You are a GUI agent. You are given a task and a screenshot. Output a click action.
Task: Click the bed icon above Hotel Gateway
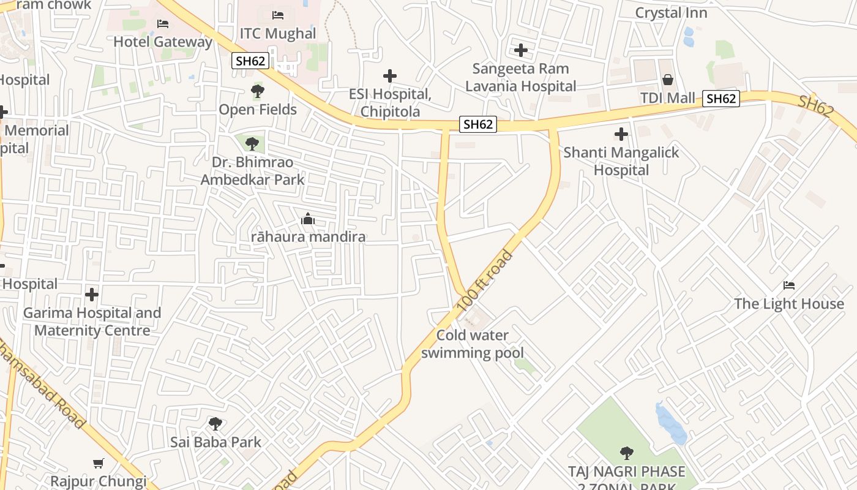click(x=163, y=24)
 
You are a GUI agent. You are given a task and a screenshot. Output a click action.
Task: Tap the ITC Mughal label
click(x=277, y=33)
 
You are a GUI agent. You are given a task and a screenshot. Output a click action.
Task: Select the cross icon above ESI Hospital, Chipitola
click(x=390, y=76)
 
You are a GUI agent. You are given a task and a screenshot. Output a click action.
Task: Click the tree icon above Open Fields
click(x=258, y=92)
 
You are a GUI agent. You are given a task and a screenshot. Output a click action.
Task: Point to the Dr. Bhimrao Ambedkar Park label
click(x=252, y=171)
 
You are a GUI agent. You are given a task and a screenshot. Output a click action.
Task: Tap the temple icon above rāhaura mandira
click(x=308, y=219)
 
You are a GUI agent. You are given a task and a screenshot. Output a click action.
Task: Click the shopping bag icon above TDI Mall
click(x=668, y=80)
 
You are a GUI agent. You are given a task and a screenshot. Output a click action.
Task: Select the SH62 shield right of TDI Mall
click(x=720, y=99)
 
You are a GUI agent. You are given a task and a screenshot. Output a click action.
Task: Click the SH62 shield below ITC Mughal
click(x=250, y=61)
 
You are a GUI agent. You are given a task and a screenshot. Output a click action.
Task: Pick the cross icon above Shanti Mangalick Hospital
click(x=621, y=134)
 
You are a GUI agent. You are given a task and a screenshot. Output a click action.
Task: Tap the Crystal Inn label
click(x=671, y=13)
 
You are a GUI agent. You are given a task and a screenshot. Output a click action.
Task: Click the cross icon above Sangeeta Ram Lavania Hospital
click(x=521, y=50)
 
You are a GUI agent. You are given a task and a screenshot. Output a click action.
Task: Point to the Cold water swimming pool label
click(x=473, y=344)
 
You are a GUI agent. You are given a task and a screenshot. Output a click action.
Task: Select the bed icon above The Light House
click(x=789, y=285)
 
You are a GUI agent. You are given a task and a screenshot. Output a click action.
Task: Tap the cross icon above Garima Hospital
click(x=92, y=295)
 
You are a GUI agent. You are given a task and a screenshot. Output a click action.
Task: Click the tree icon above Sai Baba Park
click(x=215, y=423)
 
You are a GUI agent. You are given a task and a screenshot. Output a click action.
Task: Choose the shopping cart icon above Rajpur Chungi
click(x=99, y=463)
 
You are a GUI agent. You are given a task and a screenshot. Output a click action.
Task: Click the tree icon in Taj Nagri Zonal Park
click(x=626, y=453)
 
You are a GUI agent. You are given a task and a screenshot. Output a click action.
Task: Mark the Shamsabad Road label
click(x=46, y=383)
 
